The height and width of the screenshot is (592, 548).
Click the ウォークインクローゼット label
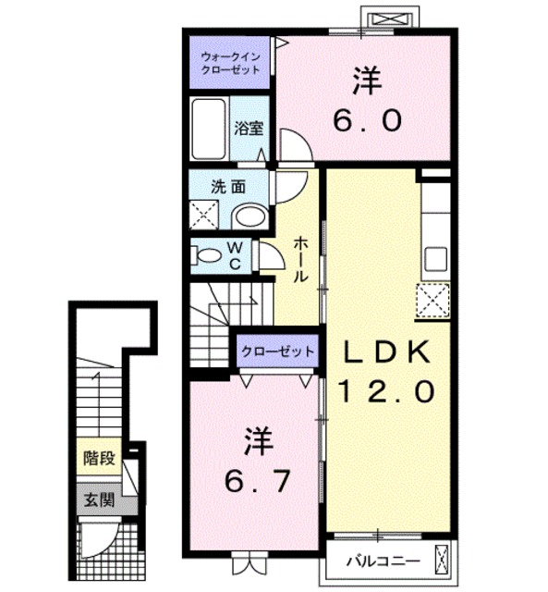click(x=230, y=64)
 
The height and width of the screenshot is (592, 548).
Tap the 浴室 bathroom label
click(x=249, y=129)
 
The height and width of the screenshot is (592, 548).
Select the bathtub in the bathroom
click(x=209, y=129)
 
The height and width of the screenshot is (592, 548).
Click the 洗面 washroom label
click(x=228, y=187)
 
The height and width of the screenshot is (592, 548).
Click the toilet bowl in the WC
click(x=208, y=255)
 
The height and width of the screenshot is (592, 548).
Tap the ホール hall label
click(x=300, y=259)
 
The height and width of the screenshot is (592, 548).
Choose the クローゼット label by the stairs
click(x=277, y=351)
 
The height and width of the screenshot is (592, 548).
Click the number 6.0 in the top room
click(x=368, y=120)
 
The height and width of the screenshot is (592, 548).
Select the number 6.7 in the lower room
click(x=258, y=481)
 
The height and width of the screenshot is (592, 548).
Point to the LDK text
click(x=386, y=352)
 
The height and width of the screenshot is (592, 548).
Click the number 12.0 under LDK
click(x=386, y=391)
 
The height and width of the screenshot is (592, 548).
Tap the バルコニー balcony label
click(x=384, y=561)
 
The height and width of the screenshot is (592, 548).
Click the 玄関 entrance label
click(x=99, y=500)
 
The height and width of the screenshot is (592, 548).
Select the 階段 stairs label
click(x=99, y=459)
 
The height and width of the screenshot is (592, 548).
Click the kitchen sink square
click(x=436, y=259)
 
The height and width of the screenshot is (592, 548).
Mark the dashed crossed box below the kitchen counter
click(x=433, y=301)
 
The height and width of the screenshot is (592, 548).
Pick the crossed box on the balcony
click(x=443, y=561)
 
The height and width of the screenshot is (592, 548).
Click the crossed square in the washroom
click(x=204, y=215)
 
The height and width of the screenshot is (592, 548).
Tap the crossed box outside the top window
click(x=390, y=18)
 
